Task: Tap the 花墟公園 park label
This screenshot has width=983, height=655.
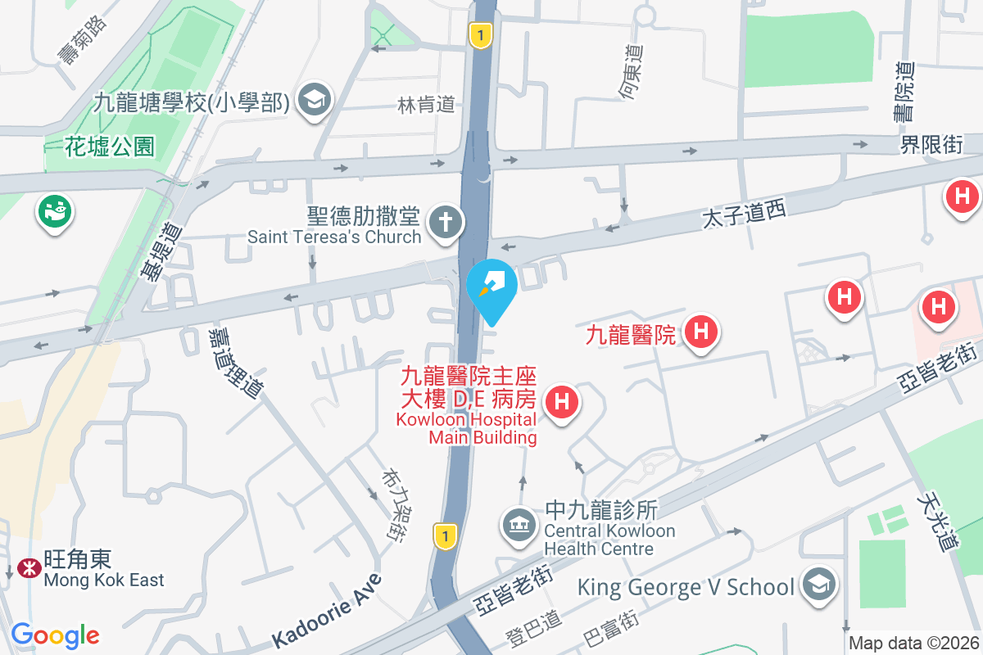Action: click(110, 147)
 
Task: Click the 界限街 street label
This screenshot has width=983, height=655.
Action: click(931, 145)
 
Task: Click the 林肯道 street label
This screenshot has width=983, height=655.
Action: click(426, 104)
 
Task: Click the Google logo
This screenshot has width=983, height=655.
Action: click(55, 635)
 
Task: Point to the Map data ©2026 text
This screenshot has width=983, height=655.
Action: click(913, 644)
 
